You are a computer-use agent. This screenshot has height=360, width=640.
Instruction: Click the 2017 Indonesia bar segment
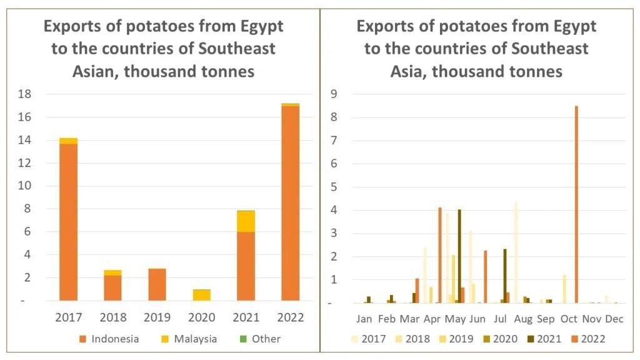click(x=69, y=222)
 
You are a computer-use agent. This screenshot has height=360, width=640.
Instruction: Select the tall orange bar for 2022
click(x=290, y=203)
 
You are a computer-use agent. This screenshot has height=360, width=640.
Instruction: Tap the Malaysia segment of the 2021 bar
click(x=246, y=221)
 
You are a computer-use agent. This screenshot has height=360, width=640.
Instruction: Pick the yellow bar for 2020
click(x=201, y=294)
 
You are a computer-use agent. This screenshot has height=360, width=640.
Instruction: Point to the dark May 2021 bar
click(x=459, y=256)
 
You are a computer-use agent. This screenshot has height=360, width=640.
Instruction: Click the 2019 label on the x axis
click(x=157, y=317)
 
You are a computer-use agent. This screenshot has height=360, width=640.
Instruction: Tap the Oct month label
click(x=569, y=319)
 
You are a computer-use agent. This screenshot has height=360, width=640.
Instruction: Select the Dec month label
click(x=614, y=319)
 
